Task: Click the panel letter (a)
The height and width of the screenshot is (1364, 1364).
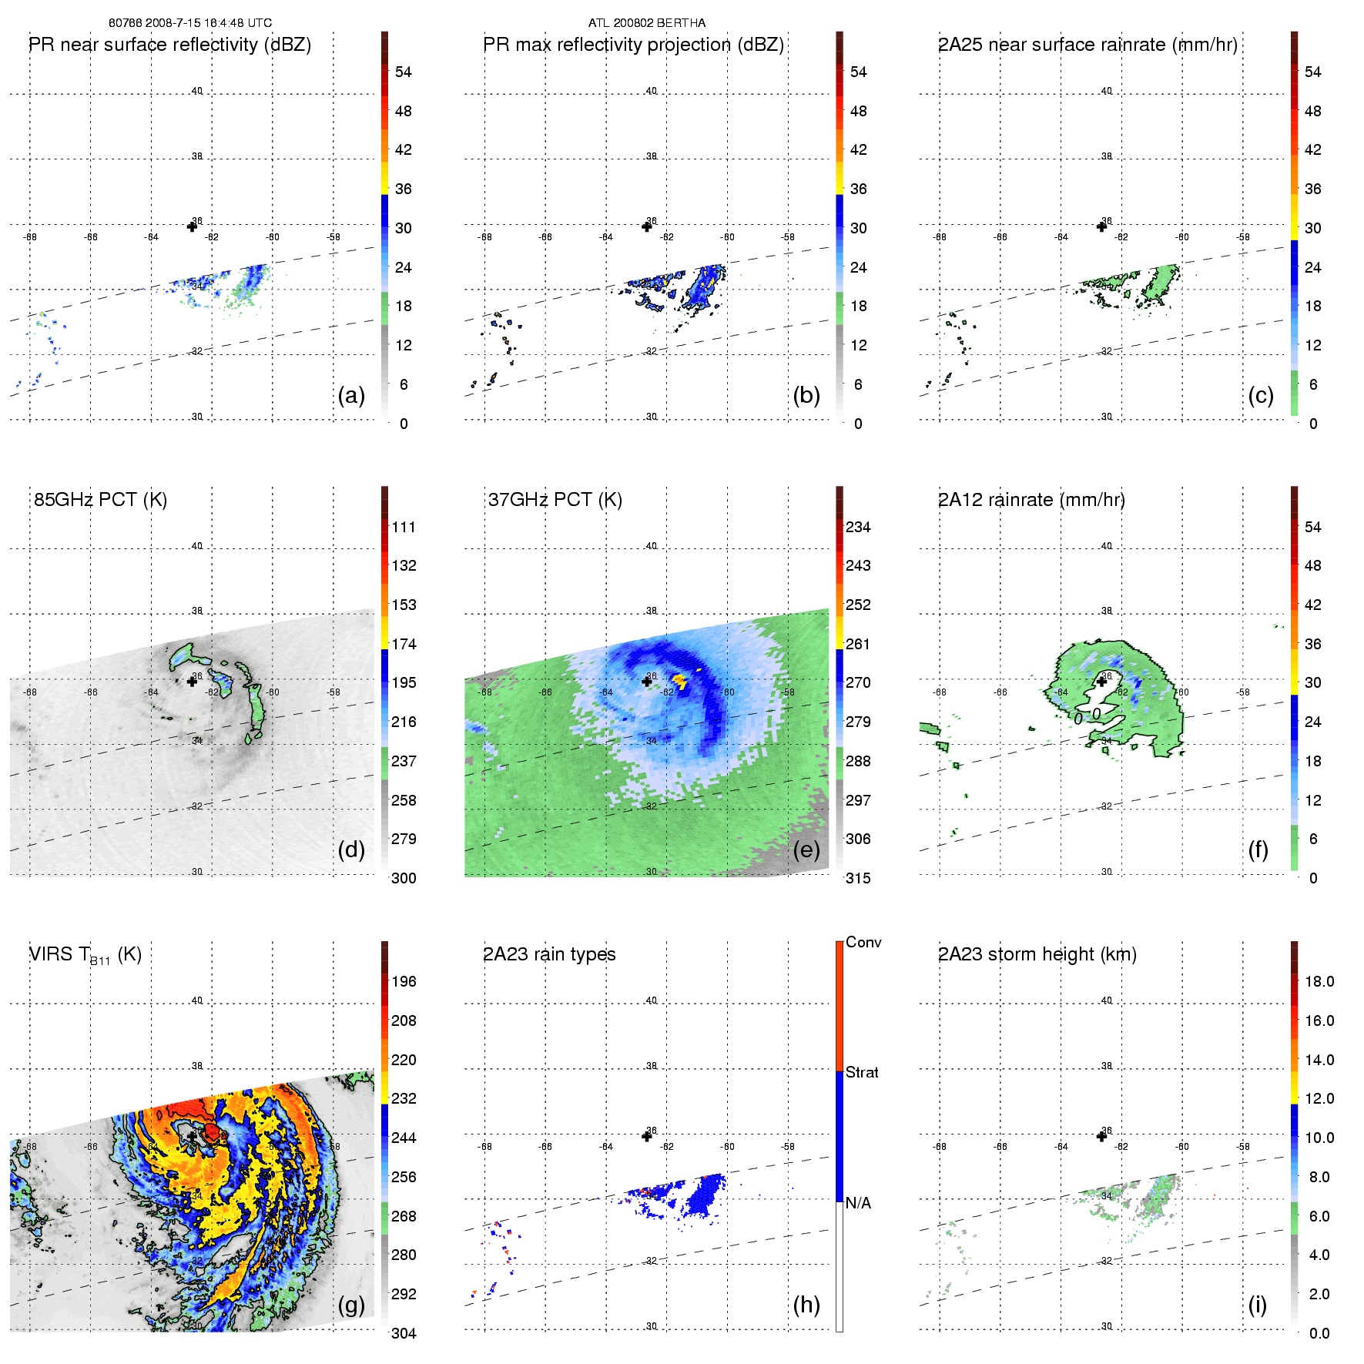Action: (351, 396)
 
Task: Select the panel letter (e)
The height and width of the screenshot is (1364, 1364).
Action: (806, 850)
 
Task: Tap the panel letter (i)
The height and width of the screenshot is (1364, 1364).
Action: (1258, 1305)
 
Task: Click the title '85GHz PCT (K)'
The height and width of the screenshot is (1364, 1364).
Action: (100, 500)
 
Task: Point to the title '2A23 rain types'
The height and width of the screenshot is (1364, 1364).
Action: (549, 954)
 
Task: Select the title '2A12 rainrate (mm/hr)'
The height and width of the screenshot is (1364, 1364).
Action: (1031, 500)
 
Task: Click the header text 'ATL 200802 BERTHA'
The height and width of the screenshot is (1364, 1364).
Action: (647, 23)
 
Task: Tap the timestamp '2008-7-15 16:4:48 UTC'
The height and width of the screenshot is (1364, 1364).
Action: (209, 23)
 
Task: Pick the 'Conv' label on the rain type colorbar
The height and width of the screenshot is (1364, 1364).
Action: (863, 943)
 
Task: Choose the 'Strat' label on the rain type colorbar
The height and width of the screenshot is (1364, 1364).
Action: (862, 1072)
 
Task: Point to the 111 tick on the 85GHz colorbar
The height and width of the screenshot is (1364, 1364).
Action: (404, 528)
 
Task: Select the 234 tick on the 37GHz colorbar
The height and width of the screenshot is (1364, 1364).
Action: (858, 528)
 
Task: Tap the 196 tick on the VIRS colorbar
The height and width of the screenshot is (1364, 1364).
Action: (404, 982)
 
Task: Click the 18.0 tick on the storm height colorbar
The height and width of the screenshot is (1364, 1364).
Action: (1319, 982)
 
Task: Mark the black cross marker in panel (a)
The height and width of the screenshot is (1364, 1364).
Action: (192, 226)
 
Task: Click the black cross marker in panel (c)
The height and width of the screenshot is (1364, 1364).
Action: (1101, 226)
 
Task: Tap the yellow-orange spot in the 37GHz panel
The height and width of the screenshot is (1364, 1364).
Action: (679, 679)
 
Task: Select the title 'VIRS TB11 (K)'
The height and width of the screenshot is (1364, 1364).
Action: (85, 955)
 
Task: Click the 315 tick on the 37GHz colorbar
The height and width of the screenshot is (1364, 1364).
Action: (858, 879)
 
